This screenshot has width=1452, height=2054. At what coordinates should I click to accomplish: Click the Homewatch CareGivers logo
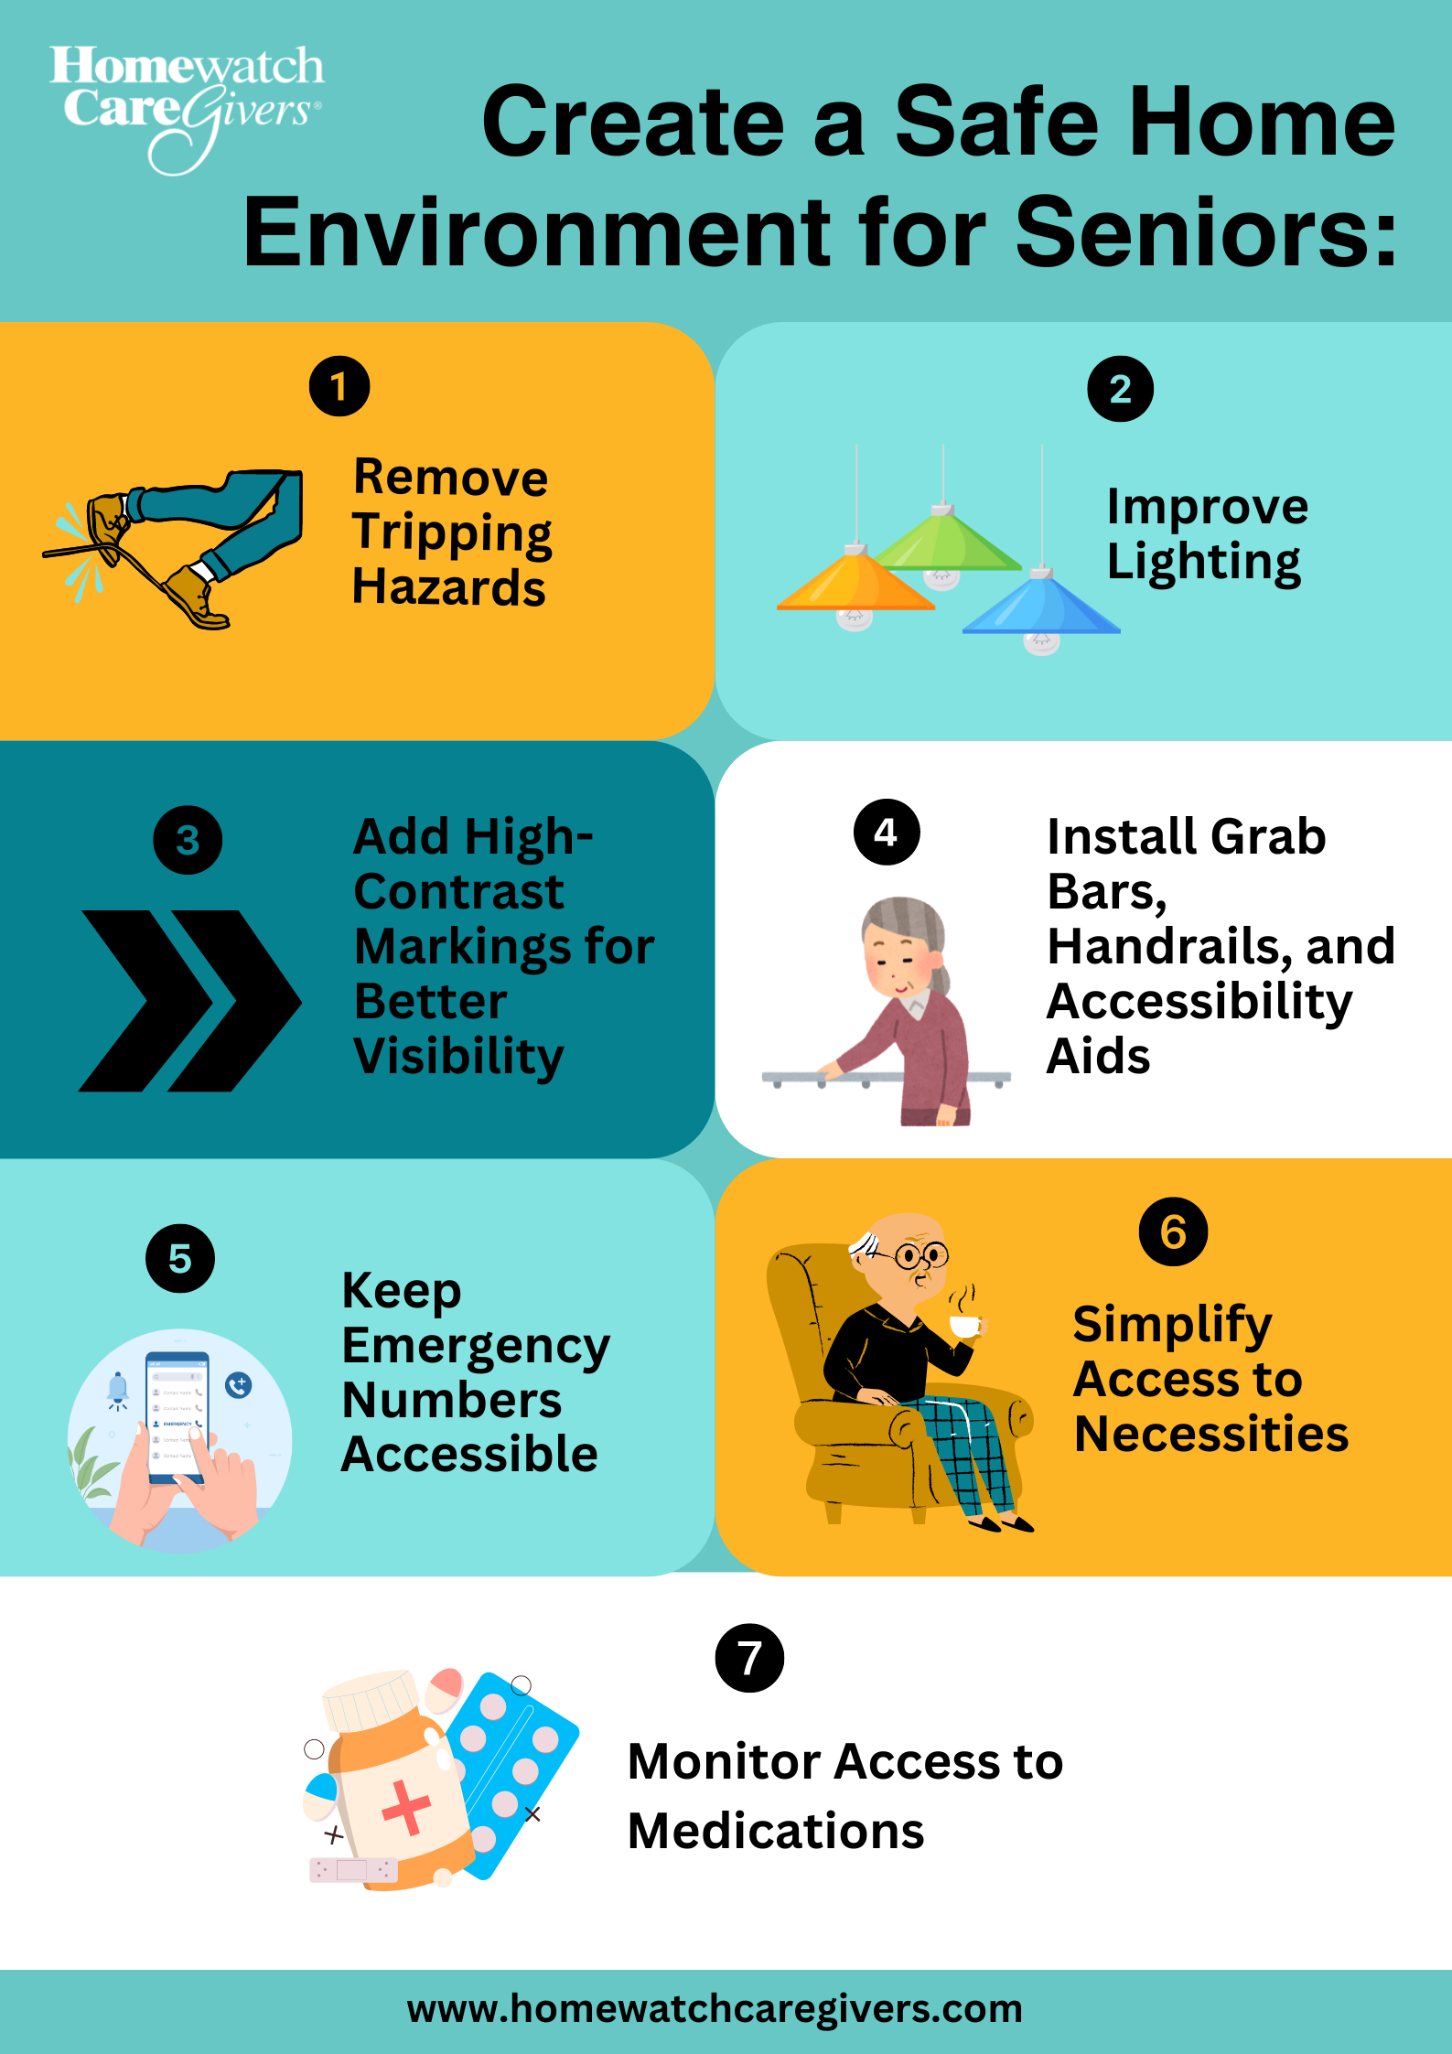(x=187, y=108)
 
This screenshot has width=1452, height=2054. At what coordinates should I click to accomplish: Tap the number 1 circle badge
(x=339, y=386)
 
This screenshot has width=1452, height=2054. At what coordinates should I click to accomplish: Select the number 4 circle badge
(x=887, y=832)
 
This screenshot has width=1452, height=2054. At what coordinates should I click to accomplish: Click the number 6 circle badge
(x=1173, y=1231)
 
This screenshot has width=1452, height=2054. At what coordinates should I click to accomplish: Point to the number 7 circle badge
(x=749, y=1658)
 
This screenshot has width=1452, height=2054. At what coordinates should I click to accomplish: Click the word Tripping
(x=452, y=533)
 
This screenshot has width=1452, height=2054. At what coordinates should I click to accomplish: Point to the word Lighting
(x=1203, y=563)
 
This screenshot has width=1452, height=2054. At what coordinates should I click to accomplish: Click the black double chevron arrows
(x=189, y=1000)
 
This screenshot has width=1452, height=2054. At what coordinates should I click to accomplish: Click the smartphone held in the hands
(x=177, y=1414)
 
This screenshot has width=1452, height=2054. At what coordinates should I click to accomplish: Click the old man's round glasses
(x=921, y=1254)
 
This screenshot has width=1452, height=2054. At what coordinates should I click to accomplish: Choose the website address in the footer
(x=715, y=2009)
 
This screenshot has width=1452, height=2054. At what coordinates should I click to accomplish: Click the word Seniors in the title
(x=1206, y=232)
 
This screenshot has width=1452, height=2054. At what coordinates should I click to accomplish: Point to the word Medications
(x=776, y=1832)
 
